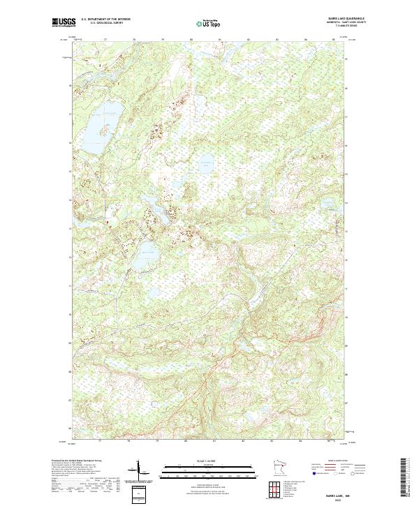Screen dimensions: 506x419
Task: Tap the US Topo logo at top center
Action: coord(203,23)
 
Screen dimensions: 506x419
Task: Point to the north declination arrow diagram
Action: coord(142,471)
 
